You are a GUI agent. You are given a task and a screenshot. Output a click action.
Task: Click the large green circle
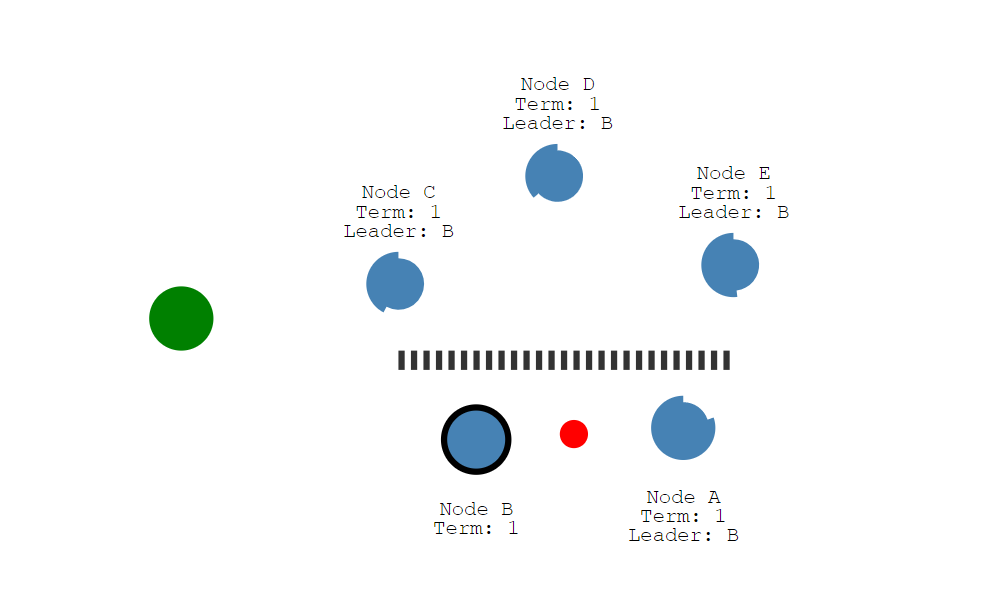pyautogui.click(x=181, y=319)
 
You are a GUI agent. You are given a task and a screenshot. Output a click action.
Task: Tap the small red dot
pyautogui.click(x=573, y=434)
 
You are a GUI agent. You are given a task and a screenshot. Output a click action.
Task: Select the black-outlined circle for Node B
pyautogui.click(x=476, y=439)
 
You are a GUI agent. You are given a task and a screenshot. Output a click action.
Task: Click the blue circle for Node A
pyautogui.click(x=683, y=428)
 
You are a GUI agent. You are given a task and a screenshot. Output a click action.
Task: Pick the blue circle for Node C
pyautogui.click(x=395, y=283)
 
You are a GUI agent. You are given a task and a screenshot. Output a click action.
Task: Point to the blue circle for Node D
pyautogui.click(x=554, y=174)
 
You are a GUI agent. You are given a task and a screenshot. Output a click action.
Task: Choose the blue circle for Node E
pyautogui.click(x=730, y=265)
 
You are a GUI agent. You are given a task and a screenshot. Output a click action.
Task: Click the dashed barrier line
pyautogui.click(x=564, y=360)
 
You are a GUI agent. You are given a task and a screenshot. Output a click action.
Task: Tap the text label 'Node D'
pyautogui.click(x=557, y=85)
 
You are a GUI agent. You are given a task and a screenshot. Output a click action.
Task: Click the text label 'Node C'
pyautogui.click(x=398, y=192)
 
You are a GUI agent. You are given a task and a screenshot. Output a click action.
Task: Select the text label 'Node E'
pyautogui.click(x=733, y=174)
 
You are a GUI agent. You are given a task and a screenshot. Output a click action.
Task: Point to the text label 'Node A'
pyautogui.click(x=683, y=497)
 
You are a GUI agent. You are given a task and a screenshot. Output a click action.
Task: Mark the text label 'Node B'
pyautogui.click(x=476, y=509)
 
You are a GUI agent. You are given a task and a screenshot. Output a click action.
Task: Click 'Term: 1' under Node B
pyautogui.click(x=476, y=528)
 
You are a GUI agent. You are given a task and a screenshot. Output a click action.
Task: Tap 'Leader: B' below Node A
pyautogui.click(x=683, y=535)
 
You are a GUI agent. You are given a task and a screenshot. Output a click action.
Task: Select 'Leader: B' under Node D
pyautogui.click(x=557, y=123)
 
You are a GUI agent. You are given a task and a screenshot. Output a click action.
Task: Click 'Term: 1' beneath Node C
pyautogui.click(x=398, y=212)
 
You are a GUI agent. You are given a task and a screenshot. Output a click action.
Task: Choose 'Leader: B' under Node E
pyautogui.click(x=733, y=212)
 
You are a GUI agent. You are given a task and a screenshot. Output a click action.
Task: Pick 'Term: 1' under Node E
pyautogui.click(x=733, y=193)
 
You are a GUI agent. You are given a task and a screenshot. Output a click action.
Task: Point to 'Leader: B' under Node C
pyautogui.click(x=398, y=231)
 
